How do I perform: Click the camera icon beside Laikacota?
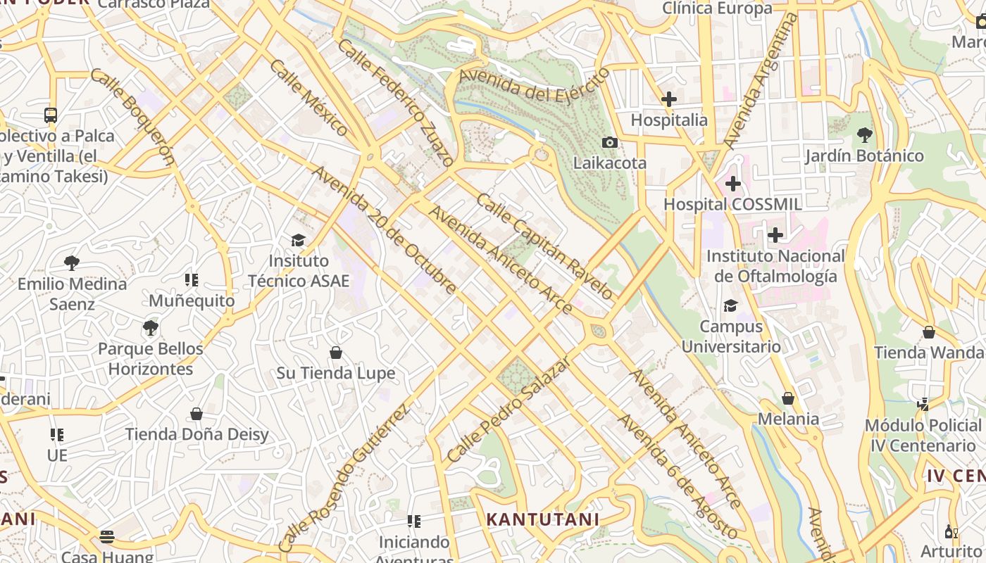point(610,143)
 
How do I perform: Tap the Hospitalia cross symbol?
point(668,99)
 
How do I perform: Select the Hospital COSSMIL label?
point(732,204)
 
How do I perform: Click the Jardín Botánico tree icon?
point(864,135)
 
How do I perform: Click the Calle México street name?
point(308,97)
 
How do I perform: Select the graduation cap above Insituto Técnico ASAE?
point(298,241)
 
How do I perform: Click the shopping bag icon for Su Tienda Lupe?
point(336,352)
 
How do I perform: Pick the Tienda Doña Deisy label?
point(196,434)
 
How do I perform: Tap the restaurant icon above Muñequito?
point(192,280)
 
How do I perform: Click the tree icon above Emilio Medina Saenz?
point(71,263)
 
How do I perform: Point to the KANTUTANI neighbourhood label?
point(542,519)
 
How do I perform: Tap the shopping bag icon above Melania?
point(788,399)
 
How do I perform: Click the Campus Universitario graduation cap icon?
point(730,306)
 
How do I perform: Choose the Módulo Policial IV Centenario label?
point(923,435)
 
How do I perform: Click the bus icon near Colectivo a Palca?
point(51,115)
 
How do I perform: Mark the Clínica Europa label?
point(717,8)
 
